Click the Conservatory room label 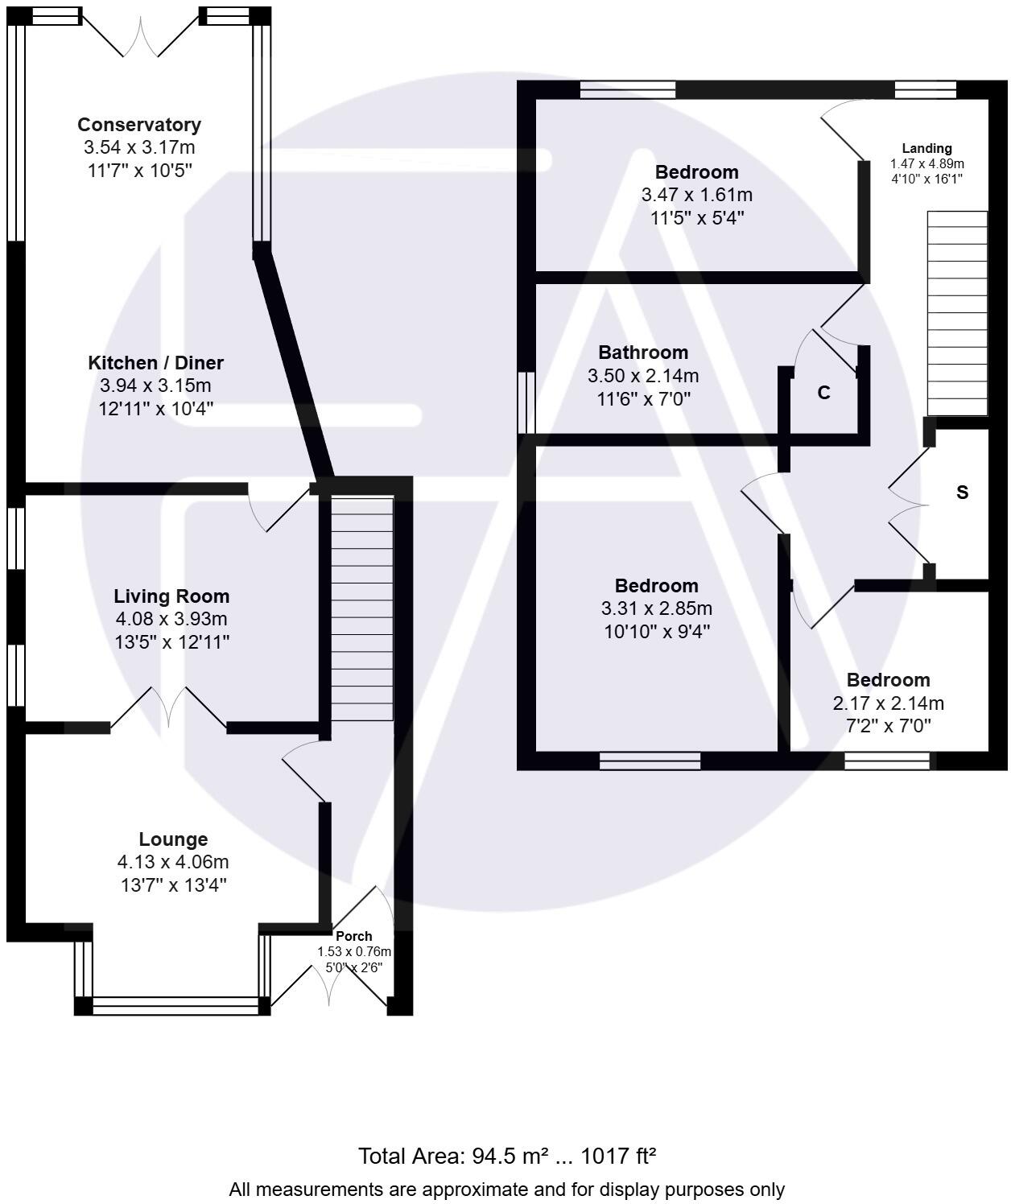click(x=139, y=125)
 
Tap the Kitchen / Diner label click(x=155, y=363)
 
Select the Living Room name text click(x=171, y=596)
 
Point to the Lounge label click(x=173, y=839)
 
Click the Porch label click(x=353, y=936)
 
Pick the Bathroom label click(x=643, y=352)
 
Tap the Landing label click(x=926, y=148)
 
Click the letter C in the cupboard click(x=823, y=393)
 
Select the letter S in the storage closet click(x=962, y=492)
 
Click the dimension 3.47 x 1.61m click(x=697, y=195)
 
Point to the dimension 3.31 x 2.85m click(x=656, y=608)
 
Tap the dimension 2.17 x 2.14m click(x=888, y=703)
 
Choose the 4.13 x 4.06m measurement click(x=173, y=862)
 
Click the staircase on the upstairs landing click(x=957, y=313)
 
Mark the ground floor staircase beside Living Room click(x=362, y=608)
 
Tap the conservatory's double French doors click(x=140, y=35)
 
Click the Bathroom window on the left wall click(x=526, y=402)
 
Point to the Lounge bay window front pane click(x=175, y=1006)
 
